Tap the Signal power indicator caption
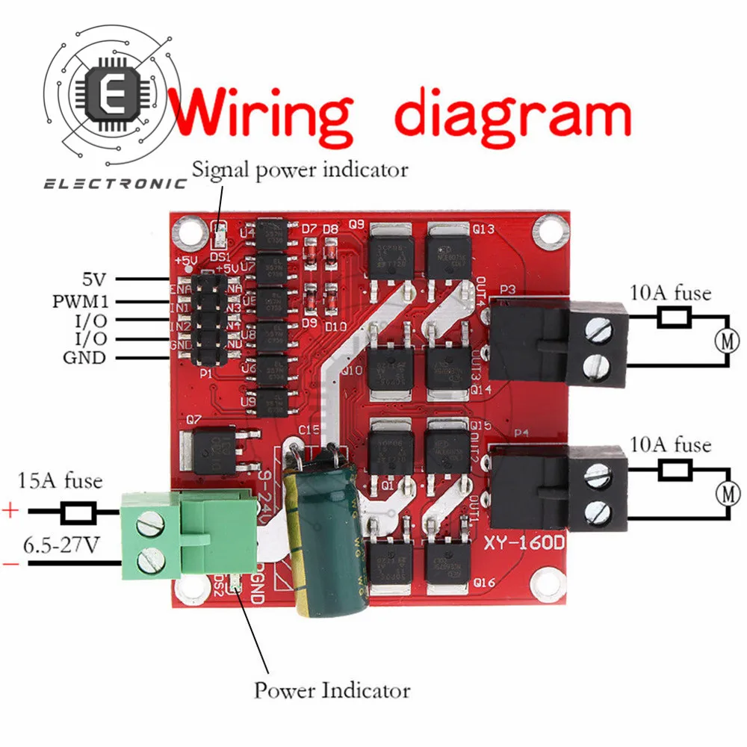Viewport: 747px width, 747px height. [x=300, y=170]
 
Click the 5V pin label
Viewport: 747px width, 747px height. [x=95, y=280]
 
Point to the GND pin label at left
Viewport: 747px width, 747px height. [x=84, y=358]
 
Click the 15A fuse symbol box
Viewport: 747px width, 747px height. [x=77, y=512]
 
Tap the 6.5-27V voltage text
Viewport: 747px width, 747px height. [x=61, y=545]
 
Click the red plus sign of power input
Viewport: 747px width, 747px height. [x=11, y=512]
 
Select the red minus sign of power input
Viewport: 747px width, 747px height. [x=11, y=564]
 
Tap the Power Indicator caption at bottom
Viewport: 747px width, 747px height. [x=332, y=689]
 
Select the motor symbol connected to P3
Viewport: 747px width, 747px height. [x=726, y=341]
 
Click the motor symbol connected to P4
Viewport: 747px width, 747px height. [x=726, y=493]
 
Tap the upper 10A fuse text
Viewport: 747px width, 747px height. [x=671, y=293]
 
